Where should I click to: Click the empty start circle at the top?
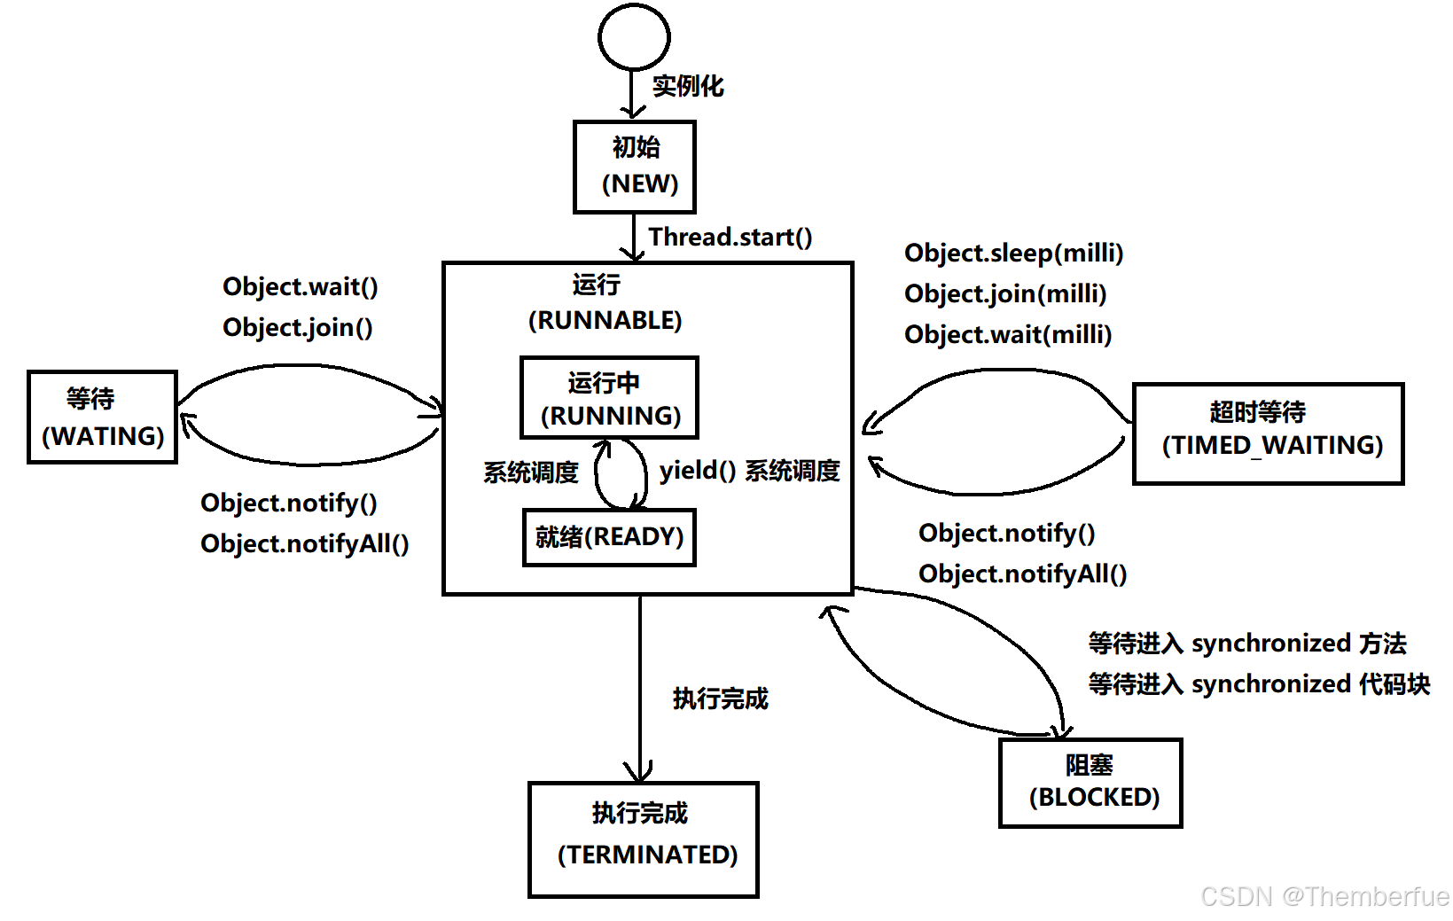(634, 37)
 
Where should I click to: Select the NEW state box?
(635, 167)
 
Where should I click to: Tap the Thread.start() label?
(730, 237)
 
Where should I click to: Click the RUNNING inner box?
(609, 398)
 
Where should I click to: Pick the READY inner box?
(609, 536)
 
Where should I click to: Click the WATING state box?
(103, 417)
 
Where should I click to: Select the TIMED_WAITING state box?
(1268, 433)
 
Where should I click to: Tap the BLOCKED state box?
(1090, 782)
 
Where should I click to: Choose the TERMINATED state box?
(644, 839)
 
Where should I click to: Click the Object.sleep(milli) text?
(1013, 253)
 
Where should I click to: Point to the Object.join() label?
(297, 327)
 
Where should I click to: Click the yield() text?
(697, 470)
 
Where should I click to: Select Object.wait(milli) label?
(1007, 334)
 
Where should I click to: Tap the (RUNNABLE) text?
(605, 320)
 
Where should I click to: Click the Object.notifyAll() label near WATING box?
(304, 543)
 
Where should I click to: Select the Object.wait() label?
(300, 286)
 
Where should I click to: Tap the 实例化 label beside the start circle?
(688, 86)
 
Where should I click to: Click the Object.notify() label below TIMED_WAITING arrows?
(1006, 533)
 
